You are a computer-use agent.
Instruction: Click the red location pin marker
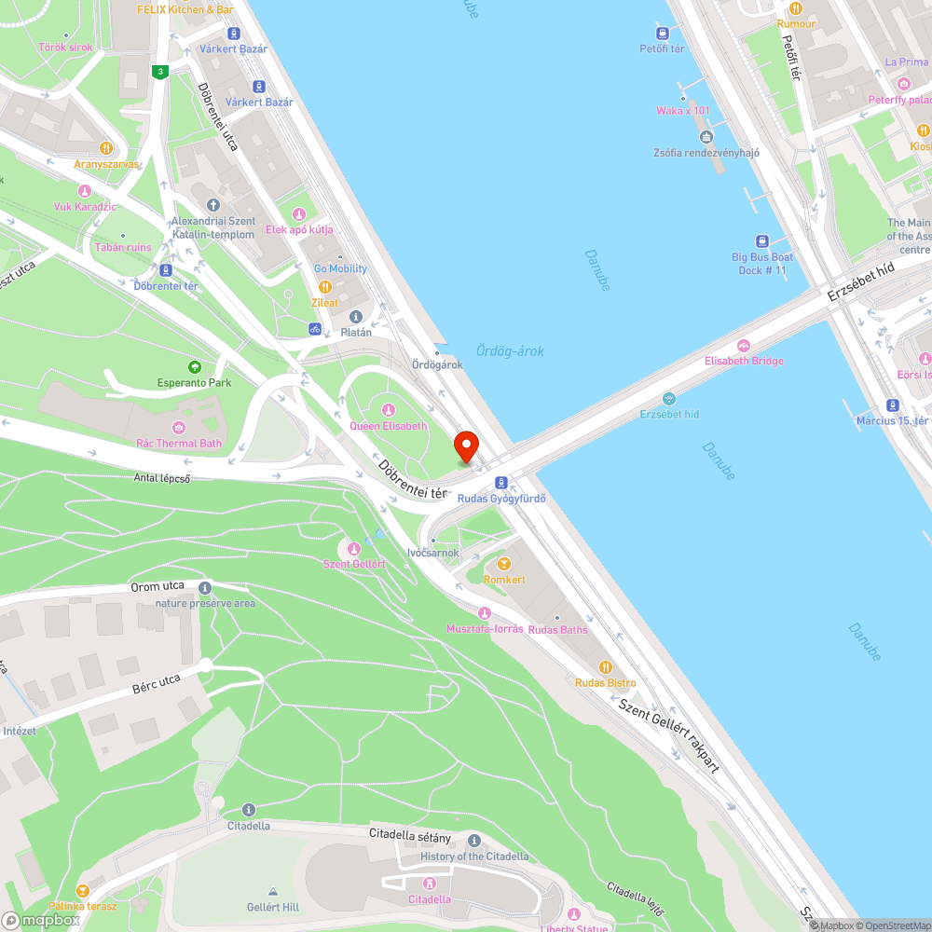464,445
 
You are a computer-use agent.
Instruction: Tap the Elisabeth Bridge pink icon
743,346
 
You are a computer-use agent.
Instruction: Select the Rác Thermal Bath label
179,444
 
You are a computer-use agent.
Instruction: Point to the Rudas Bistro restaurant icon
605,667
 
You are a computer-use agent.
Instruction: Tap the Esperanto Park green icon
194,367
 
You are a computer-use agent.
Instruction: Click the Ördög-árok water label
510,351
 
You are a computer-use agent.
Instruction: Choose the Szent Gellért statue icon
353,548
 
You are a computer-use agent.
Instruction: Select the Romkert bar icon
504,564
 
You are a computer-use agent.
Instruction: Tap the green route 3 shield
161,71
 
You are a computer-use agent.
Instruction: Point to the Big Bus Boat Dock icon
761,240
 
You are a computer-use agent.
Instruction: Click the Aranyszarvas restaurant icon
107,148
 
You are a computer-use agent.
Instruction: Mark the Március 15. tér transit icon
893,405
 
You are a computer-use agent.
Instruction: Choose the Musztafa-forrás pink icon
484,612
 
